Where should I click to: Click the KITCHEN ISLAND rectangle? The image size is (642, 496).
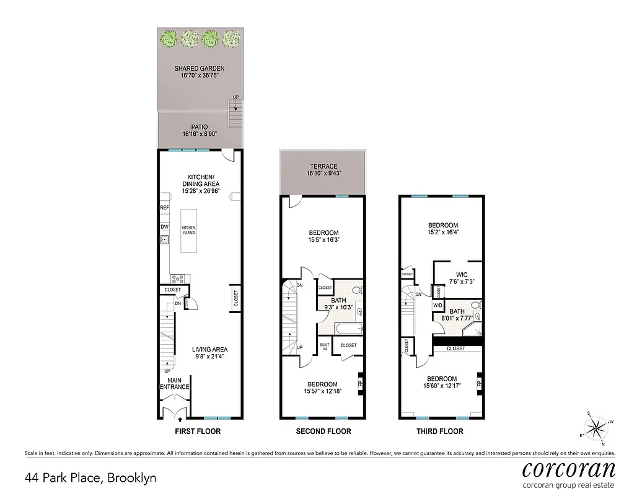188,230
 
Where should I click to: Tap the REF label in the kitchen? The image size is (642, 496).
164,208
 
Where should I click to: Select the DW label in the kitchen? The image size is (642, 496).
164,227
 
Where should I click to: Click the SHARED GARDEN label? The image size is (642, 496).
199,68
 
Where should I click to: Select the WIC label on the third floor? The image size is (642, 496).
461,274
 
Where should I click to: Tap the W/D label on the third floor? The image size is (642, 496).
438,305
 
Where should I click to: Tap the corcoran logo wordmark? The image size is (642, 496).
568,468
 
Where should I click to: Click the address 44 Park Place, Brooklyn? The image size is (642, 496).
90,478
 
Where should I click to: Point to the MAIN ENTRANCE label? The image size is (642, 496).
174,384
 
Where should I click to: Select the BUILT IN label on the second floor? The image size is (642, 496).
324,345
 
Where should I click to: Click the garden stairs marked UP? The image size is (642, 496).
235,114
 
